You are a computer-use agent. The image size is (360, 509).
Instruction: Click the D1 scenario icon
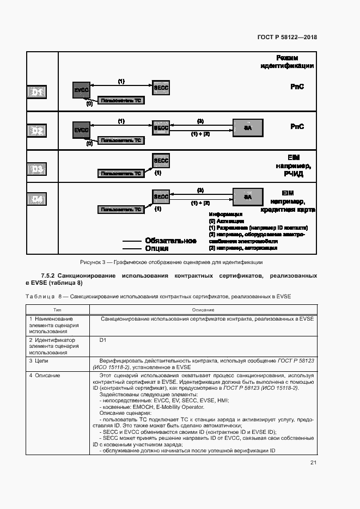tap(37, 93)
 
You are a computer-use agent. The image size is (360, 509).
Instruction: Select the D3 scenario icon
tap(37, 170)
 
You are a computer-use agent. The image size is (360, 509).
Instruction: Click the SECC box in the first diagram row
tap(161, 88)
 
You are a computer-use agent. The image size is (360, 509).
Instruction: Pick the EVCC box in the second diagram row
tap(82, 130)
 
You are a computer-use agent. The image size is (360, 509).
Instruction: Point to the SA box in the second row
tap(247, 127)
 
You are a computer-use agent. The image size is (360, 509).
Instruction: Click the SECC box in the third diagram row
tap(161, 161)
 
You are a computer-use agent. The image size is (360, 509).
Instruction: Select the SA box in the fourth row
tap(247, 197)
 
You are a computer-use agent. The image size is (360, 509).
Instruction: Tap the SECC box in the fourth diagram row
tap(161, 197)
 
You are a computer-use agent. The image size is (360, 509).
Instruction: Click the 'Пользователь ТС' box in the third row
tap(120, 174)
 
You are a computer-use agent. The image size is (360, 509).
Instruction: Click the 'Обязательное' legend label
tap(170, 241)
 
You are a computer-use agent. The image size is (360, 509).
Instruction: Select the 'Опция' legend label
tap(157, 248)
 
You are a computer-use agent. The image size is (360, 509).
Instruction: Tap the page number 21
tap(313, 463)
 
